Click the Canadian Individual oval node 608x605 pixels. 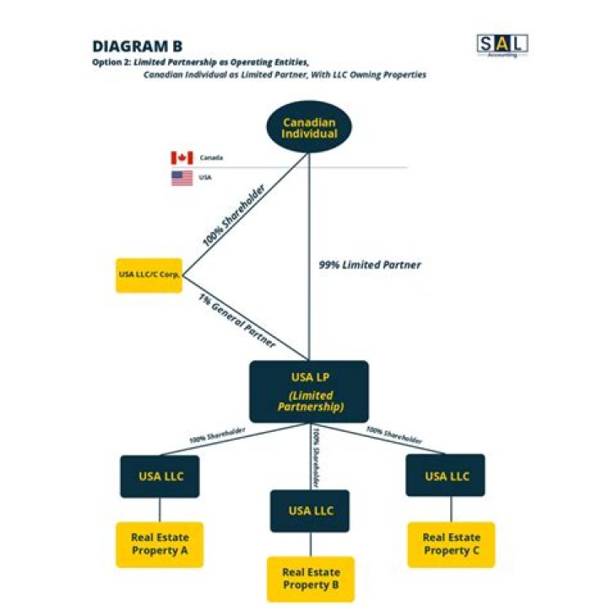click(x=309, y=128)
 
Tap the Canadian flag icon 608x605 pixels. click(x=182, y=158)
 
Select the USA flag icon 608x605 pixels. click(x=182, y=178)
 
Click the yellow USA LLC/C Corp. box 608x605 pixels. click(x=149, y=275)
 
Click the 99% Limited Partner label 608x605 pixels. click(x=369, y=265)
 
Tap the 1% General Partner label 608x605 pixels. click(x=236, y=321)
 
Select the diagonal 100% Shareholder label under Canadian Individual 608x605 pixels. click(x=234, y=217)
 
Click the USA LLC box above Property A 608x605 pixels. click(x=160, y=476)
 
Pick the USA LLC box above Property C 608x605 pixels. click(x=447, y=476)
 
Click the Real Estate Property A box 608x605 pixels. click(x=160, y=544)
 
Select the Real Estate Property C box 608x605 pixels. click(x=451, y=544)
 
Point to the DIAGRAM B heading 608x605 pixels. click(x=137, y=46)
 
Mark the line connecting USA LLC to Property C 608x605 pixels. click(x=450, y=509)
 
